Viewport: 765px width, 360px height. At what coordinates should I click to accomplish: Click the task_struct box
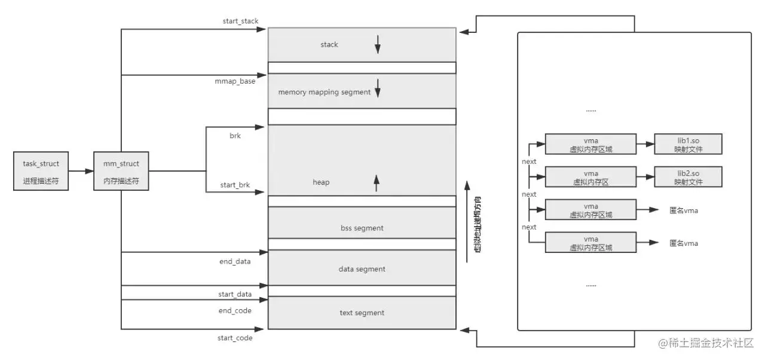point(41,171)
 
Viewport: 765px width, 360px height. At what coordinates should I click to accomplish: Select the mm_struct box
point(121,171)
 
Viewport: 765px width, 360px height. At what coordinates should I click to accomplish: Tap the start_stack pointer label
point(240,21)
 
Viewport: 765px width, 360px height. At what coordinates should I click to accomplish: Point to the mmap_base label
point(235,81)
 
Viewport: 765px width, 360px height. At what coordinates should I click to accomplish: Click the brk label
point(235,136)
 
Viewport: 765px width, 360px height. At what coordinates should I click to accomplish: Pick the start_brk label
point(235,185)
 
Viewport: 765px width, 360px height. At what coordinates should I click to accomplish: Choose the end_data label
point(235,261)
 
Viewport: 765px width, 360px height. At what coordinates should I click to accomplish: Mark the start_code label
point(235,338)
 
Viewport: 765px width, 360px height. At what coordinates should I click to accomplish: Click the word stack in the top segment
point(329,45)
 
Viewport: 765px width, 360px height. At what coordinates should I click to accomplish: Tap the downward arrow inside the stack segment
point(378,44)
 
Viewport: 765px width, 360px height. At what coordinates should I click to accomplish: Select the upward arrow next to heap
point(377,184)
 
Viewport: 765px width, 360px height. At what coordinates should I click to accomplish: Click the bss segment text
point(362,228)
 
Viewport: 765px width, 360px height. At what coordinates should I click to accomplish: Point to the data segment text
point(362,269)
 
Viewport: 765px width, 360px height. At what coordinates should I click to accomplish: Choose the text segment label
point(362,313)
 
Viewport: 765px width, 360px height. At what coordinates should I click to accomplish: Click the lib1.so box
point(688,144)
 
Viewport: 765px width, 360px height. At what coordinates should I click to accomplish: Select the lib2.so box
point(688,177)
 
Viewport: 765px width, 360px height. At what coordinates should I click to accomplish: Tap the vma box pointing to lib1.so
point(591,144)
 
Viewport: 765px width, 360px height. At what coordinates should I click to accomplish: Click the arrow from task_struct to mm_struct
point(81,171)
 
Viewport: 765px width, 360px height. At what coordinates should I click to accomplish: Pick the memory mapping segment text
point(325,92)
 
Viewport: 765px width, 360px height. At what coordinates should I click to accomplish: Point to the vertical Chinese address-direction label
point(478,224)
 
